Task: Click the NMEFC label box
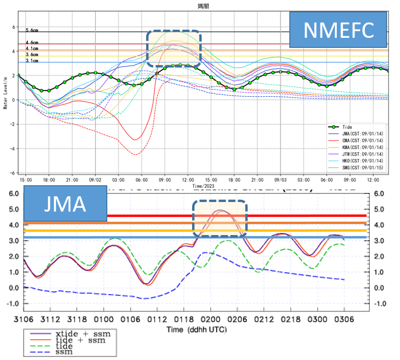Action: [339, 30]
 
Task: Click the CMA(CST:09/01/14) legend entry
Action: [355, 140]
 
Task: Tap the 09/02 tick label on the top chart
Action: [95, 180]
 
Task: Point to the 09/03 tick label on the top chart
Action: [280, 180]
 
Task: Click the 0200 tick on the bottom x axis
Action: [206, 320]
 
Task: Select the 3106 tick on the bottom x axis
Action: [23, 320]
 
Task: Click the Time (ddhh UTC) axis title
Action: [196, 329]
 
